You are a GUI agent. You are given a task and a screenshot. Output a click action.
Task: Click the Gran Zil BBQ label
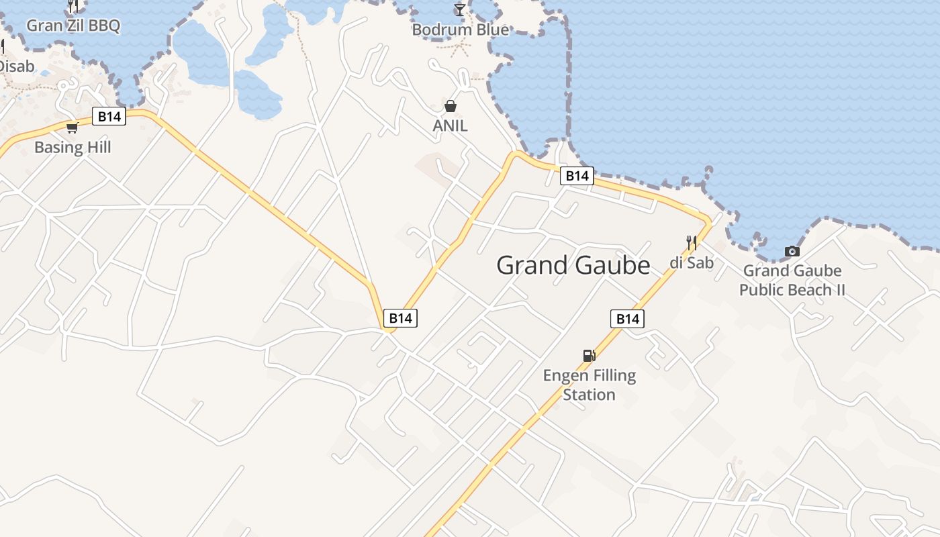(x=73, y=26)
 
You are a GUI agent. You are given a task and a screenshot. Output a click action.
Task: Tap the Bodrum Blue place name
(x=460, y=30)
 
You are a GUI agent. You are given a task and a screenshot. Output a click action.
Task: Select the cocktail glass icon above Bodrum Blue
(x=459, y=9)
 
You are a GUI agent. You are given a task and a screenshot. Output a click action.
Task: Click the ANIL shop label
(x=450, y=126)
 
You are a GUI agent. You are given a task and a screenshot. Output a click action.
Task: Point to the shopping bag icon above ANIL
(x=450, y=106)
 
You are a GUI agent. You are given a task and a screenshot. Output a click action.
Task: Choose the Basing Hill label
(x=73, y=147)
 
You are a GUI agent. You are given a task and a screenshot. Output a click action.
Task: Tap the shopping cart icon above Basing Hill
(x=72, y=128)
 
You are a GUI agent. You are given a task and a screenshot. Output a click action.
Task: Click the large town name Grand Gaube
(x=573, y=265)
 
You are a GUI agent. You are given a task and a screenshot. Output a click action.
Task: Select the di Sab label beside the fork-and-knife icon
(x=692, y=262)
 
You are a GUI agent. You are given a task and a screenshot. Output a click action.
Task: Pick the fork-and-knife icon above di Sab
(x=691, y=242)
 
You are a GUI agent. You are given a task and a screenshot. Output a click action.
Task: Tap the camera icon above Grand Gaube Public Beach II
(x=792, y=252)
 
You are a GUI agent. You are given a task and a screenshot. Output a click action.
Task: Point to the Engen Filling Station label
(x=589, y=385)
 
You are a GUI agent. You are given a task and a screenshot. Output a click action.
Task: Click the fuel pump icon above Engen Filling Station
(x=589, y=356)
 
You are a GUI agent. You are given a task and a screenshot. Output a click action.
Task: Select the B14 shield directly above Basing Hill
(x=109, y=117)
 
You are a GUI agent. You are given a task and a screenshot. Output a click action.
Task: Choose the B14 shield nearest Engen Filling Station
(x=627, y=319)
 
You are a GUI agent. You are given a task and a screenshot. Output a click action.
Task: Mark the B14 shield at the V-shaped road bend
(x=400, y=318)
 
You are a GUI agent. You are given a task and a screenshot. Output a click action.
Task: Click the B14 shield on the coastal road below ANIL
(x=577, y=176)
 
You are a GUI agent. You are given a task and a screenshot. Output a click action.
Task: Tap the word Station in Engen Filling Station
(x=589, y=395)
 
